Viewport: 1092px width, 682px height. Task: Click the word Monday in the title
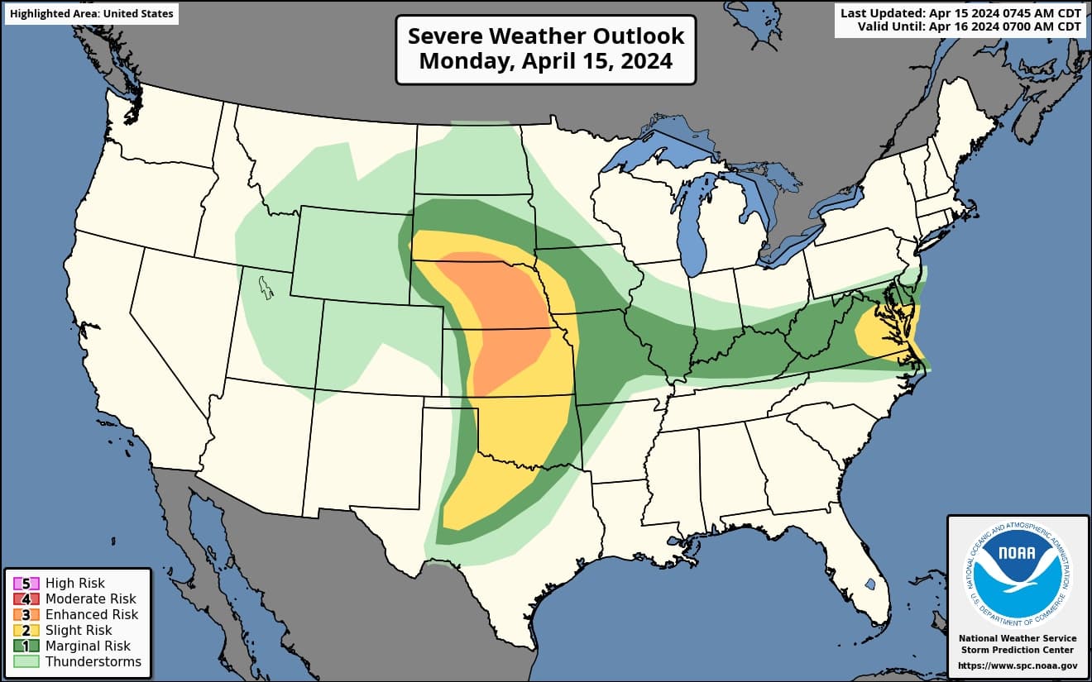(x=457, y=61)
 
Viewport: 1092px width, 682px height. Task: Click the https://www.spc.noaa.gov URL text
(x=1018, y=665)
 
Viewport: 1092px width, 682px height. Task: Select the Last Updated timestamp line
(x=960, y=13)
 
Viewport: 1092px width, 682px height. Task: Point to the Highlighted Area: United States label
(x=92, y=14)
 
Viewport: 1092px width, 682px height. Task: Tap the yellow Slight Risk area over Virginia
(x=885, y=331)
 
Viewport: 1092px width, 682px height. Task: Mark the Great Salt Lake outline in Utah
(x=266, y=287)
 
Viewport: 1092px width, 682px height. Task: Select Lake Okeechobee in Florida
(x=870, y=584)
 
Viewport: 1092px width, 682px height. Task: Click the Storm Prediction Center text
(x=1018, y=651)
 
